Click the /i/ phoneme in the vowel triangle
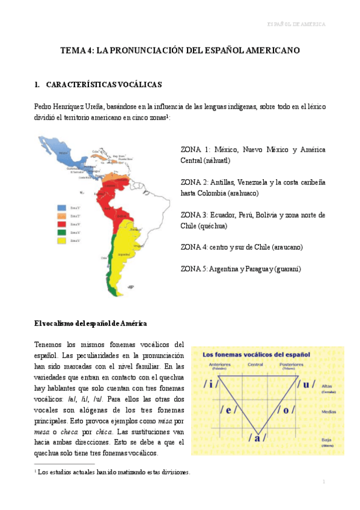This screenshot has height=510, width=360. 212,383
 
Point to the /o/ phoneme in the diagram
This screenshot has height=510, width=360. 287,410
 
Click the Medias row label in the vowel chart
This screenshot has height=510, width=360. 328,411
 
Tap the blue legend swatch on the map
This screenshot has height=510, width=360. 61,207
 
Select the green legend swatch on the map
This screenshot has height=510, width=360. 61,232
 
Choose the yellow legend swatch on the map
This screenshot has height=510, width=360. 61,241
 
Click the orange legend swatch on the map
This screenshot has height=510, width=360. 61,215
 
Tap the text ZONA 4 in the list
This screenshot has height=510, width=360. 195,247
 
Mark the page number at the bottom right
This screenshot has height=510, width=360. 323,482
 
